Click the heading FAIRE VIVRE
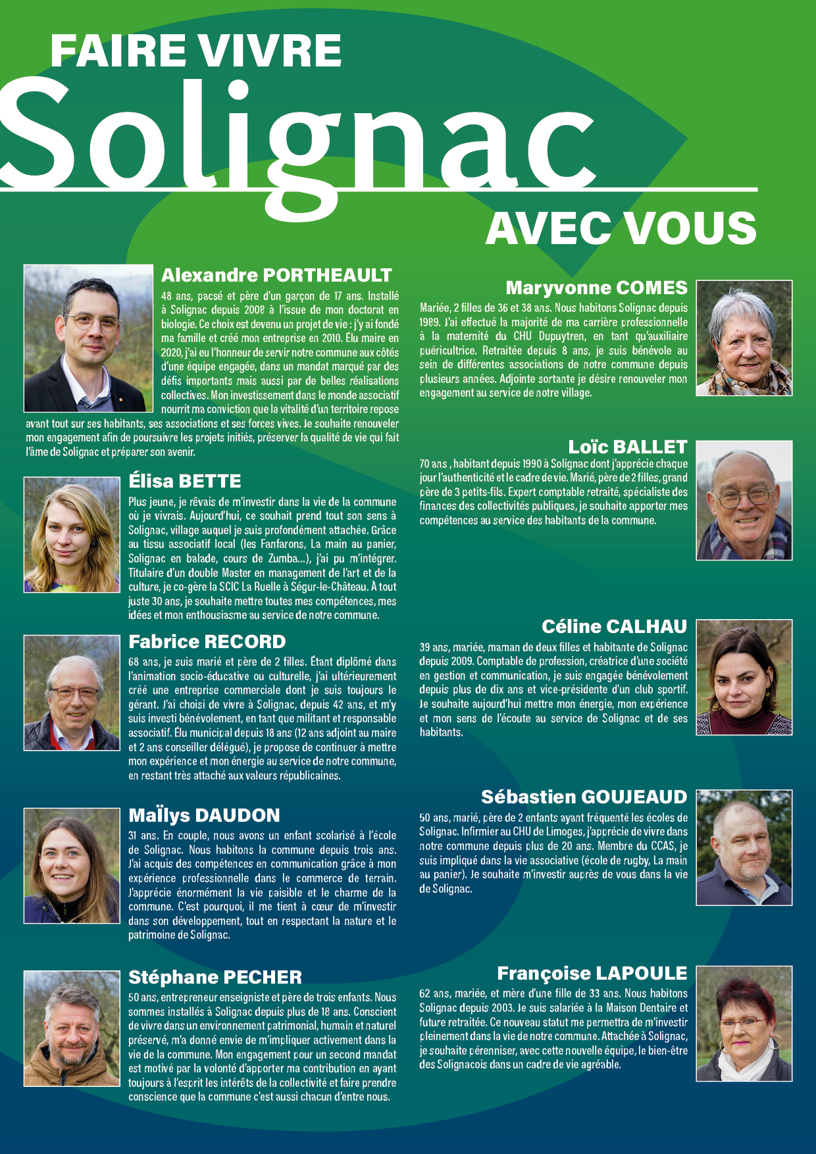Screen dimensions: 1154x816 click(195, 51)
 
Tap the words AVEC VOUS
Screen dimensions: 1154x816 click(621, 228)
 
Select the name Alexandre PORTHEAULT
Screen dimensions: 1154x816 click(276, 275)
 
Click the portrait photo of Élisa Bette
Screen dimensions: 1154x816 click(72, 534)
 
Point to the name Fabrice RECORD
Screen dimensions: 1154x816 click(207, 641)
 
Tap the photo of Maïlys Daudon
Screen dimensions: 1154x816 click(72, 865)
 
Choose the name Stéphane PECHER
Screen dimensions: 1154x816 click(215, 977)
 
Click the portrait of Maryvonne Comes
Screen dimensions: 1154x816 click(744, 338)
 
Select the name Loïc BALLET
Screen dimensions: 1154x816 click(627, 447)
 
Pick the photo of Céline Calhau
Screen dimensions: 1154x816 click(744, 677)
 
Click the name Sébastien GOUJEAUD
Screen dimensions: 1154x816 click(584, 797)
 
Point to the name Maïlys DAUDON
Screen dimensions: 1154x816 click(204, 816)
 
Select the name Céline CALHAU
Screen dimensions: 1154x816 click(614, 626)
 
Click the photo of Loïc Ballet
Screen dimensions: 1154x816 click(744, 500)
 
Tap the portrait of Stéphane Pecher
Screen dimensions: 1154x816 click(72, 1028)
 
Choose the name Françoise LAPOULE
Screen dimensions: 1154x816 click(592, 973)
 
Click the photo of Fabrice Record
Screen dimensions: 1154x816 click(72, 692)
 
